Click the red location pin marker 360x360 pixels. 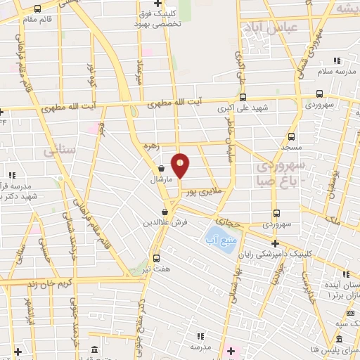[x=181, y=165]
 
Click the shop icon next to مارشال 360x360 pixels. [x=162, y=169]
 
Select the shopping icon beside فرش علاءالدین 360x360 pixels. [x=165, y=212]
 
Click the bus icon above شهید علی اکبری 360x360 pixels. [x=243, y=98]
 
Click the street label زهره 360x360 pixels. [x=153, y=146]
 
